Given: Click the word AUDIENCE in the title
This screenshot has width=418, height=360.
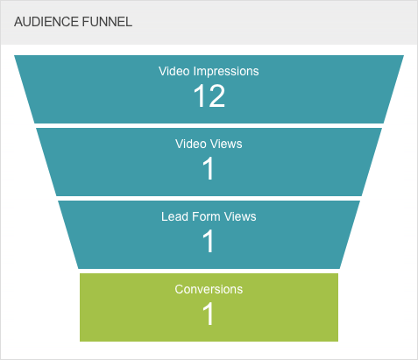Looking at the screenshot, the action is (x=46, y=22).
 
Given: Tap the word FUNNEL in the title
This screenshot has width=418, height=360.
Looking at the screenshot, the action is (x=107, y=22).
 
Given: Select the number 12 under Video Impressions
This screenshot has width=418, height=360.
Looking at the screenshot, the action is (x=209, y=95).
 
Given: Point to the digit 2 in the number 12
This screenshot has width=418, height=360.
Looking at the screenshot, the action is (x=216, y=95).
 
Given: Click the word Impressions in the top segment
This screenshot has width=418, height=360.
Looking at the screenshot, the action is (x=226, y=71).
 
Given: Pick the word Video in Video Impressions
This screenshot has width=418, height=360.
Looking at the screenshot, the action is (x=174, y=71).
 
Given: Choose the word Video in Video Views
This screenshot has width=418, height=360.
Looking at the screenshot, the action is (x=191, y=144).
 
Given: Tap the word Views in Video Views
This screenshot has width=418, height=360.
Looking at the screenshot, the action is (x=226, y=144).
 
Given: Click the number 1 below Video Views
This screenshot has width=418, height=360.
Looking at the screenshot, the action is (x=209, y=168).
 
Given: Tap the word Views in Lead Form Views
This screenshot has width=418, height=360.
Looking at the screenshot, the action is (x=240, y=216).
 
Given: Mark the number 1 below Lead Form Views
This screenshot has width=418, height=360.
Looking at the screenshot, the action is (x=209, y=241).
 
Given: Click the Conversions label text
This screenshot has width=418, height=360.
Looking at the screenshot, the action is (x=209, y=289).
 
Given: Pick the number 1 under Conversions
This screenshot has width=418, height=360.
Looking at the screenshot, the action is (x=209, y=314).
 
